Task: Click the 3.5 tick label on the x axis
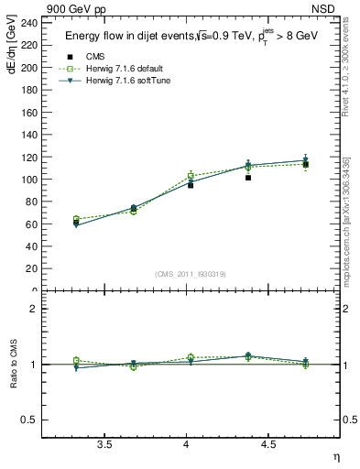[x=105, y=445]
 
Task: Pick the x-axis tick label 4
[x=187, y=445]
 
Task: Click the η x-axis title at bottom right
[x=335, y=457]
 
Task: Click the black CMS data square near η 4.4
[x=248, y=178]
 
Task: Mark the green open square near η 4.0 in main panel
[x=191, y=175]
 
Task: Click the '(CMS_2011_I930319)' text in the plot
[x=191, y=274]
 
